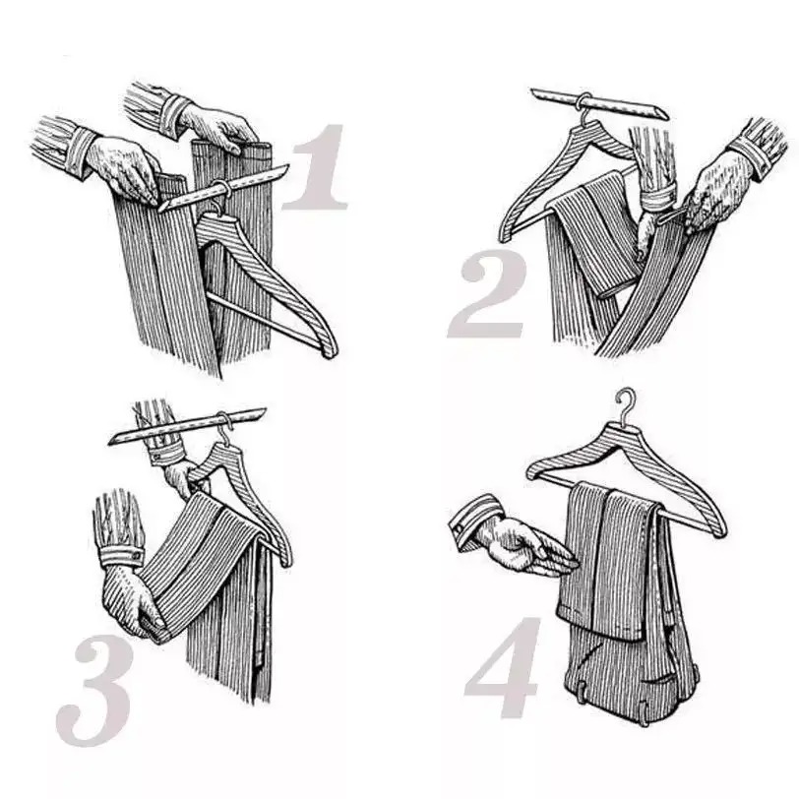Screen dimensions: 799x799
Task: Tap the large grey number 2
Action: click(487, 294)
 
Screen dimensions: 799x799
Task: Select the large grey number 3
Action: click(94, 692)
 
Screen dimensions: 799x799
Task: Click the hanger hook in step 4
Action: click(626, 404)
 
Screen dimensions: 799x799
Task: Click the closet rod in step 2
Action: click(599, 103)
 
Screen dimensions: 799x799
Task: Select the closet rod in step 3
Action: click(187, 426)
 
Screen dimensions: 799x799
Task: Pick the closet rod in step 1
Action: click(224, 188)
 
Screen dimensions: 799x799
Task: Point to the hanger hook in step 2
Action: click(584, 108)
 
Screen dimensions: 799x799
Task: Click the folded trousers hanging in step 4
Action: click(626, 600)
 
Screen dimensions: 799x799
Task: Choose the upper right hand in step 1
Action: click(219, 127)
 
